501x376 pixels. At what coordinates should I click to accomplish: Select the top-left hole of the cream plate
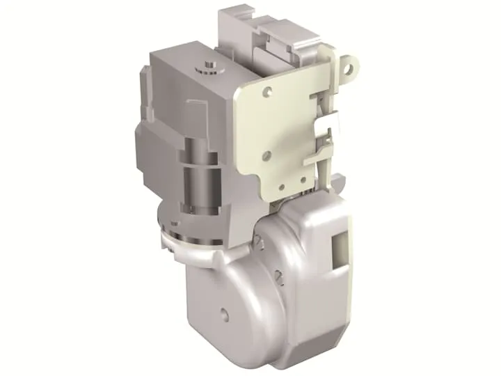coord(267,91)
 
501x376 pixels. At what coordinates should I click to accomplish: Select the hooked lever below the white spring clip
coord(324,162)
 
